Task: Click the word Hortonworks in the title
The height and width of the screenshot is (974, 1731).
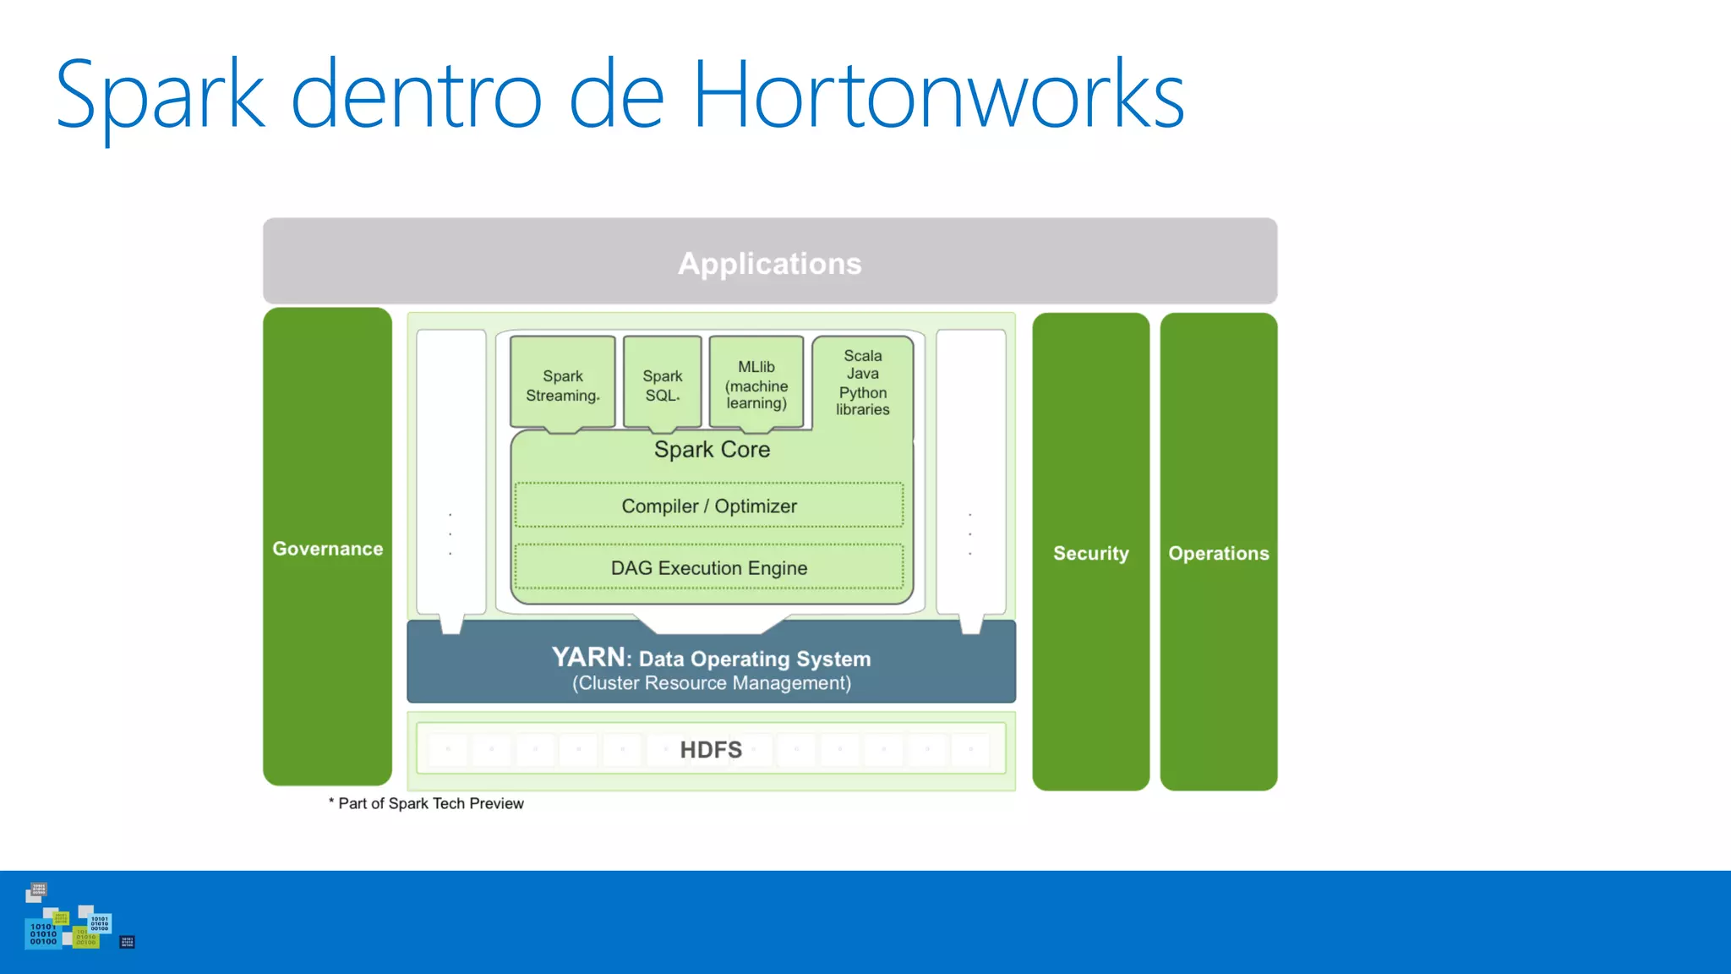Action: [938, 95]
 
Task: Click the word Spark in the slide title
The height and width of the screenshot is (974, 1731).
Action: [161, 95]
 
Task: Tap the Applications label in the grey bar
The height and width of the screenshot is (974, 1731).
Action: [769, 264]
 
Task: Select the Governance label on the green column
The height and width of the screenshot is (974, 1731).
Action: [327, 549]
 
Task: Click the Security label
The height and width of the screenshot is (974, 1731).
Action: [1090, 554]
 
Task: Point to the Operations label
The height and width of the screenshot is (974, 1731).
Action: [1218, 554]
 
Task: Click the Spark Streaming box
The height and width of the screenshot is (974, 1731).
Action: [563, 385]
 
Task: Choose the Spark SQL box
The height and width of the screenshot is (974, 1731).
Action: [662, 385]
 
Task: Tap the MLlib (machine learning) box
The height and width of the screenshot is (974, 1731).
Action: [756, 385]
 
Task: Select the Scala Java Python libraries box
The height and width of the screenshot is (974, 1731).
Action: [862, 382]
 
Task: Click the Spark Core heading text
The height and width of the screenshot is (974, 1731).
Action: [712, 450]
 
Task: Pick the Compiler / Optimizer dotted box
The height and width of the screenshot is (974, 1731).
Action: [708, 506]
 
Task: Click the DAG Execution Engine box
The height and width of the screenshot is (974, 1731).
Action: [708, 567]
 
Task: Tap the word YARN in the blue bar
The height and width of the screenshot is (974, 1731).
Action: [588, 657]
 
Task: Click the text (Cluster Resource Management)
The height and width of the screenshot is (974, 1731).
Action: [711, 683]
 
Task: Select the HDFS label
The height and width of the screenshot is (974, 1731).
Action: [711, 750]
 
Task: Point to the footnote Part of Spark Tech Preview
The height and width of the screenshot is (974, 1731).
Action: [430, 803]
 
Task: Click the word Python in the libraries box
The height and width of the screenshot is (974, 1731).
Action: [862, 392]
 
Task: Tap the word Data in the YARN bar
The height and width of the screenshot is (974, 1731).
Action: [661, 659]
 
